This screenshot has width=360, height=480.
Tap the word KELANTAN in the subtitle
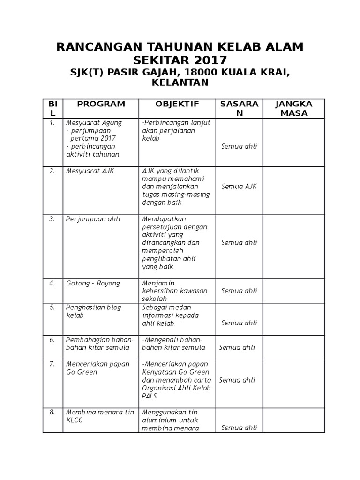coord(180,82)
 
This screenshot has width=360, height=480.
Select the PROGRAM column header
coord(101,104)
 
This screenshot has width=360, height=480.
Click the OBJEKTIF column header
coord(177,104)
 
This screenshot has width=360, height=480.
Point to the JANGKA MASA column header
coord(294,108)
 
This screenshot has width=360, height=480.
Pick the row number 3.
coord(52,218)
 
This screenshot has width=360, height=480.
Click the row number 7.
coord(52,364)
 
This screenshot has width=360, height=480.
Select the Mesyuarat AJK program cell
coord(90,171)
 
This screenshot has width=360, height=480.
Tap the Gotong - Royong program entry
coord(93,283)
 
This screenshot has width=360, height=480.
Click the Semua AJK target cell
coord(239,187)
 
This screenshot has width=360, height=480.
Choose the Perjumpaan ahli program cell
coord(92,218)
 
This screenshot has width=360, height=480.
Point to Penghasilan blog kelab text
coord(94,311)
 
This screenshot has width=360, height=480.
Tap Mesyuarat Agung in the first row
coord(94,123)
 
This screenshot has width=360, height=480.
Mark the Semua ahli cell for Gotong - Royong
coord(239,291)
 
